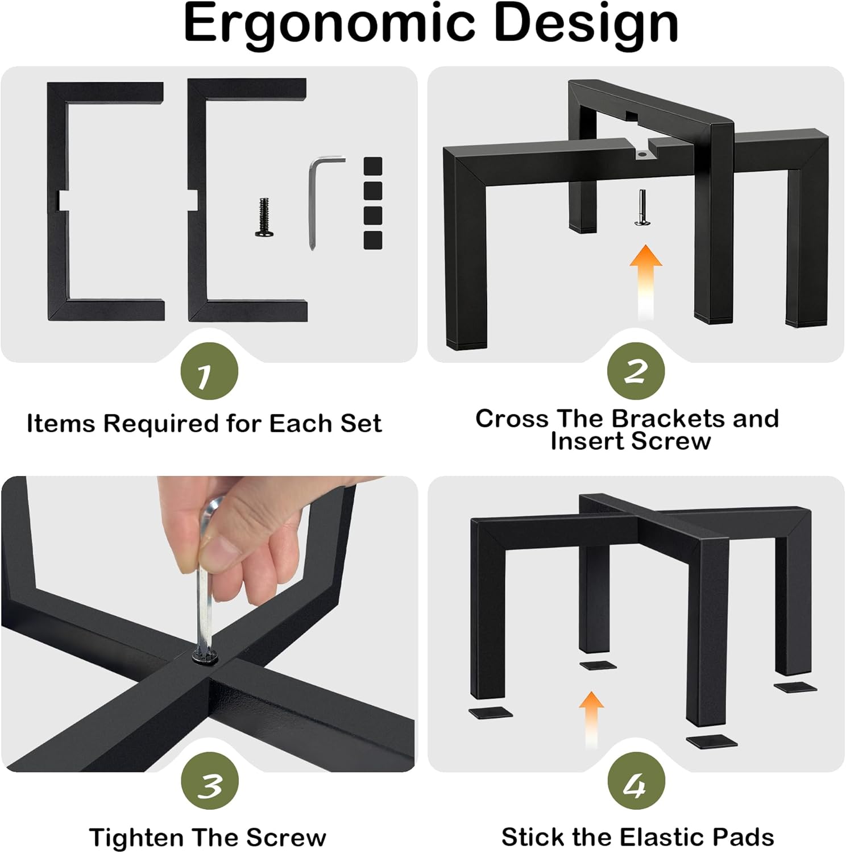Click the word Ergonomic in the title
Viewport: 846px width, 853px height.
pyautogui.click(x=330, y=24)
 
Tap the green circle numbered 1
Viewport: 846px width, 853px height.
pyautogui.click(x=209, y=371)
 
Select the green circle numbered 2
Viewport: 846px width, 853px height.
pyautogui.click(x=636, y=371)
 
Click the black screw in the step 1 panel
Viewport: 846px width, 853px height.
pyautogui.click(x=264, y=217)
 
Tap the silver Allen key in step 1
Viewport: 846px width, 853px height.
pyautogui.click(x=318, y=199)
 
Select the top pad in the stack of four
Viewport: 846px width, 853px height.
pyautogui.click(x=373, y=166)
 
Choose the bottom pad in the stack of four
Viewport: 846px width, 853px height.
pyautogui.click(x=373, y=240)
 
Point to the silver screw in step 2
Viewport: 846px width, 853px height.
pyautogui.click(x=642, y=208)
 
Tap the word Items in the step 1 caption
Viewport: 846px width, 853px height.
pyautogui.click(x=60, y=424)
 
